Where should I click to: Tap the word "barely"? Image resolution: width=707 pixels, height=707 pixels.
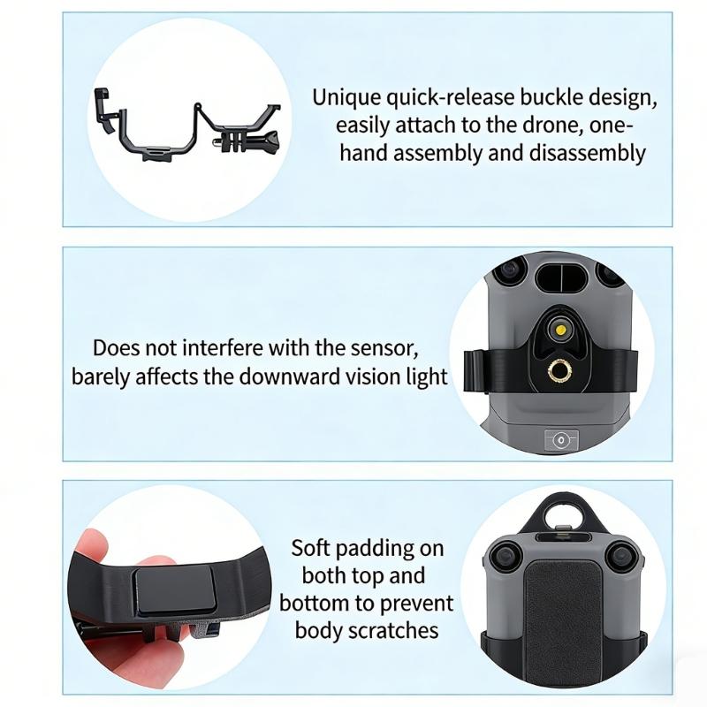tap(102, 376)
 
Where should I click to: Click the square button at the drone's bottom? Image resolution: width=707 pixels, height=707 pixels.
tap(560, 438)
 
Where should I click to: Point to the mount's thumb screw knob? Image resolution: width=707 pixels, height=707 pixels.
tap(268, 139)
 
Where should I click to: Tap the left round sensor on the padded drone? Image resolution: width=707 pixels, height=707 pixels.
tap(505, 556)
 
